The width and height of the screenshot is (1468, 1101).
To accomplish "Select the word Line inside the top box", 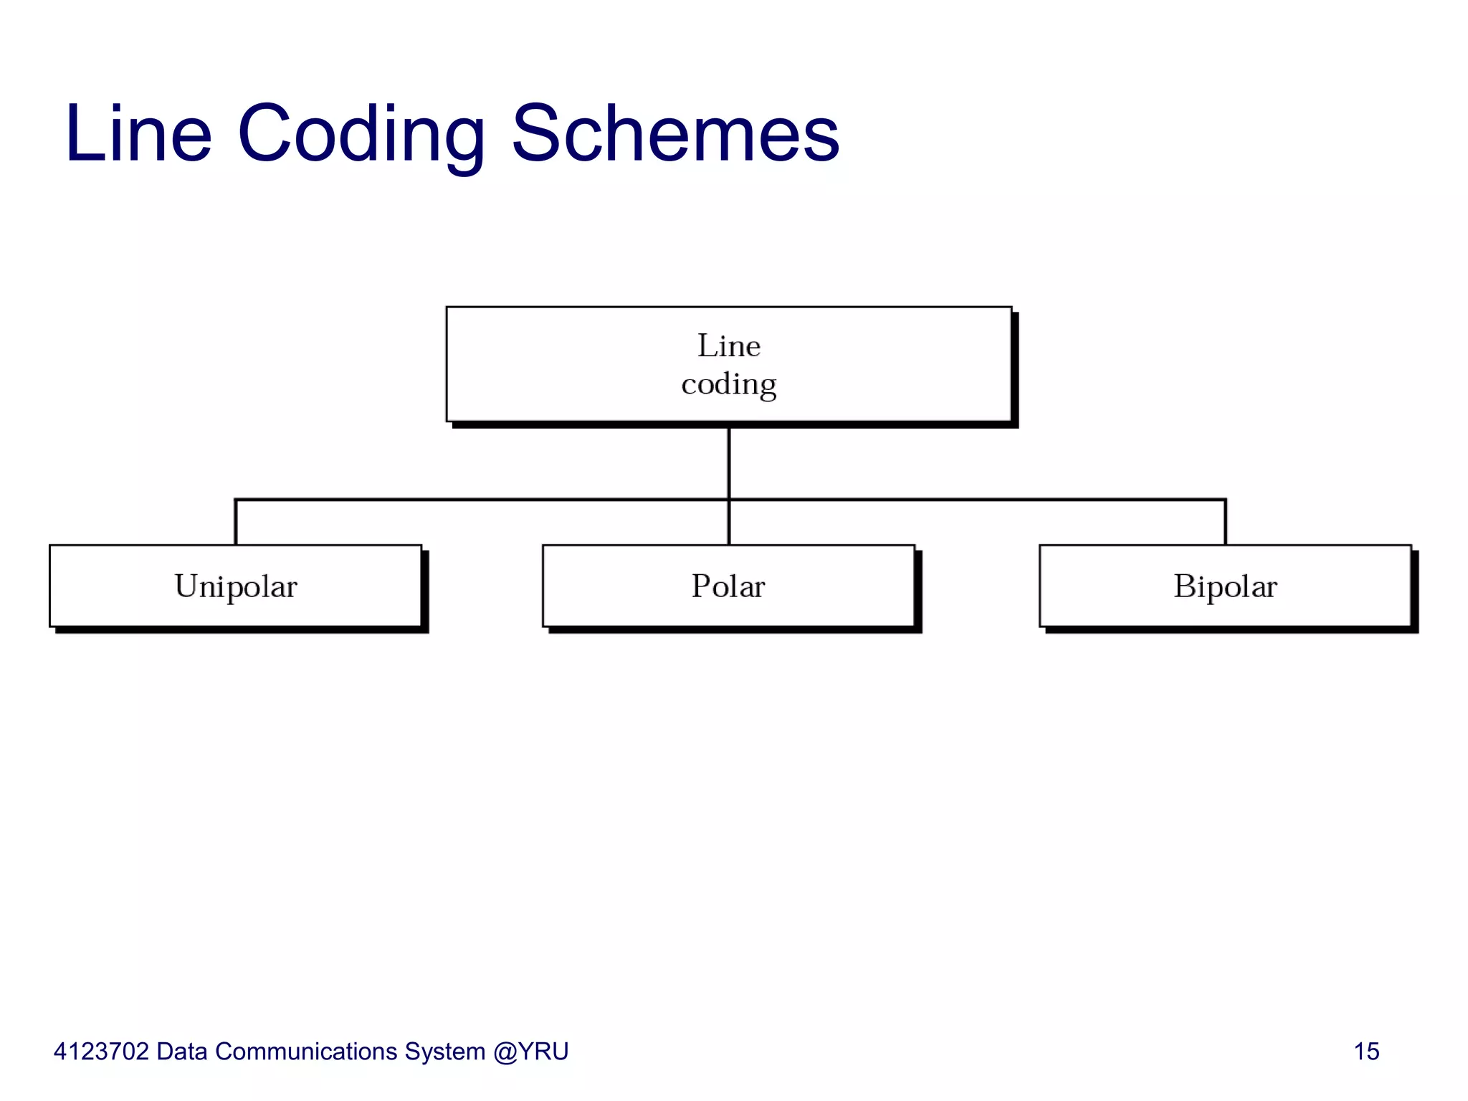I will click(728, 346).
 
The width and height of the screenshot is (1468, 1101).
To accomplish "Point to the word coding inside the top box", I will click(728, 385).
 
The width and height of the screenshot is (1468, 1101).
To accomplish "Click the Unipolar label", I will click(235, 586).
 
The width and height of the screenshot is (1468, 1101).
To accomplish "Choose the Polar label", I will click(728, 586).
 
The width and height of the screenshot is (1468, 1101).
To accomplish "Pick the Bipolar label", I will click(1225, 586).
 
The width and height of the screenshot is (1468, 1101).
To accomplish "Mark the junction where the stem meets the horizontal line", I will click(728, 500).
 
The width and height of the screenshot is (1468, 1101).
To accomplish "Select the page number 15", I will click(1366, 1052).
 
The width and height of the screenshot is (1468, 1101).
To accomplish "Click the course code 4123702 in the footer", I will click(101, 1052).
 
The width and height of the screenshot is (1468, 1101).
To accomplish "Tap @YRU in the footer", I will click(530, 1052).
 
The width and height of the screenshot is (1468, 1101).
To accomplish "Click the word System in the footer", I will click(444, 1052).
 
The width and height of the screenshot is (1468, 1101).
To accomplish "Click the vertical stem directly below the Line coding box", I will click(728, 462).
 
